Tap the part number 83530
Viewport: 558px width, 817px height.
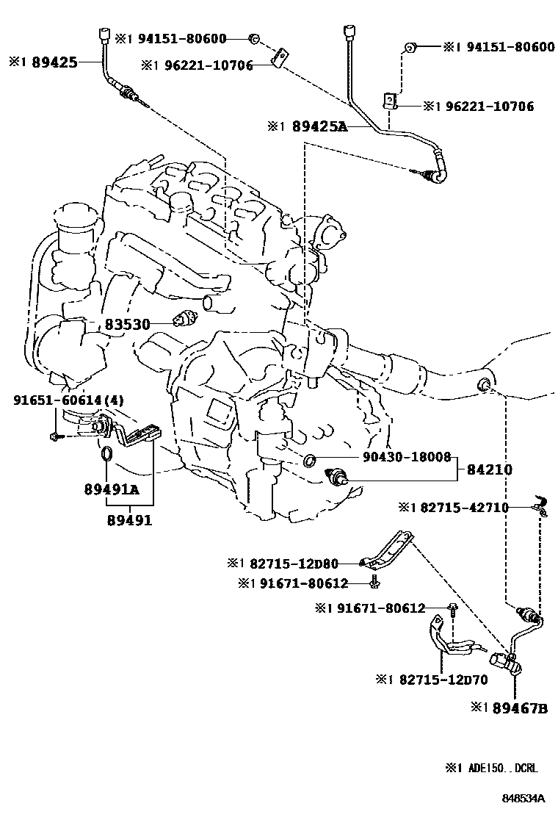[x=126, y=323]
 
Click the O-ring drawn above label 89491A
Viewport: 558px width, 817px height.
[x=106, y=457]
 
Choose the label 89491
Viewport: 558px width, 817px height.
[x=129, y=520]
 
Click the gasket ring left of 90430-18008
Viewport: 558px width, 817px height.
[x=310, y=461]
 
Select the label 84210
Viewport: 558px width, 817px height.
[x=493, y=469]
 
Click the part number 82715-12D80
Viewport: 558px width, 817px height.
[x=293, y=564]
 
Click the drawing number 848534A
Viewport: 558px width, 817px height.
[x=523, y=798]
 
